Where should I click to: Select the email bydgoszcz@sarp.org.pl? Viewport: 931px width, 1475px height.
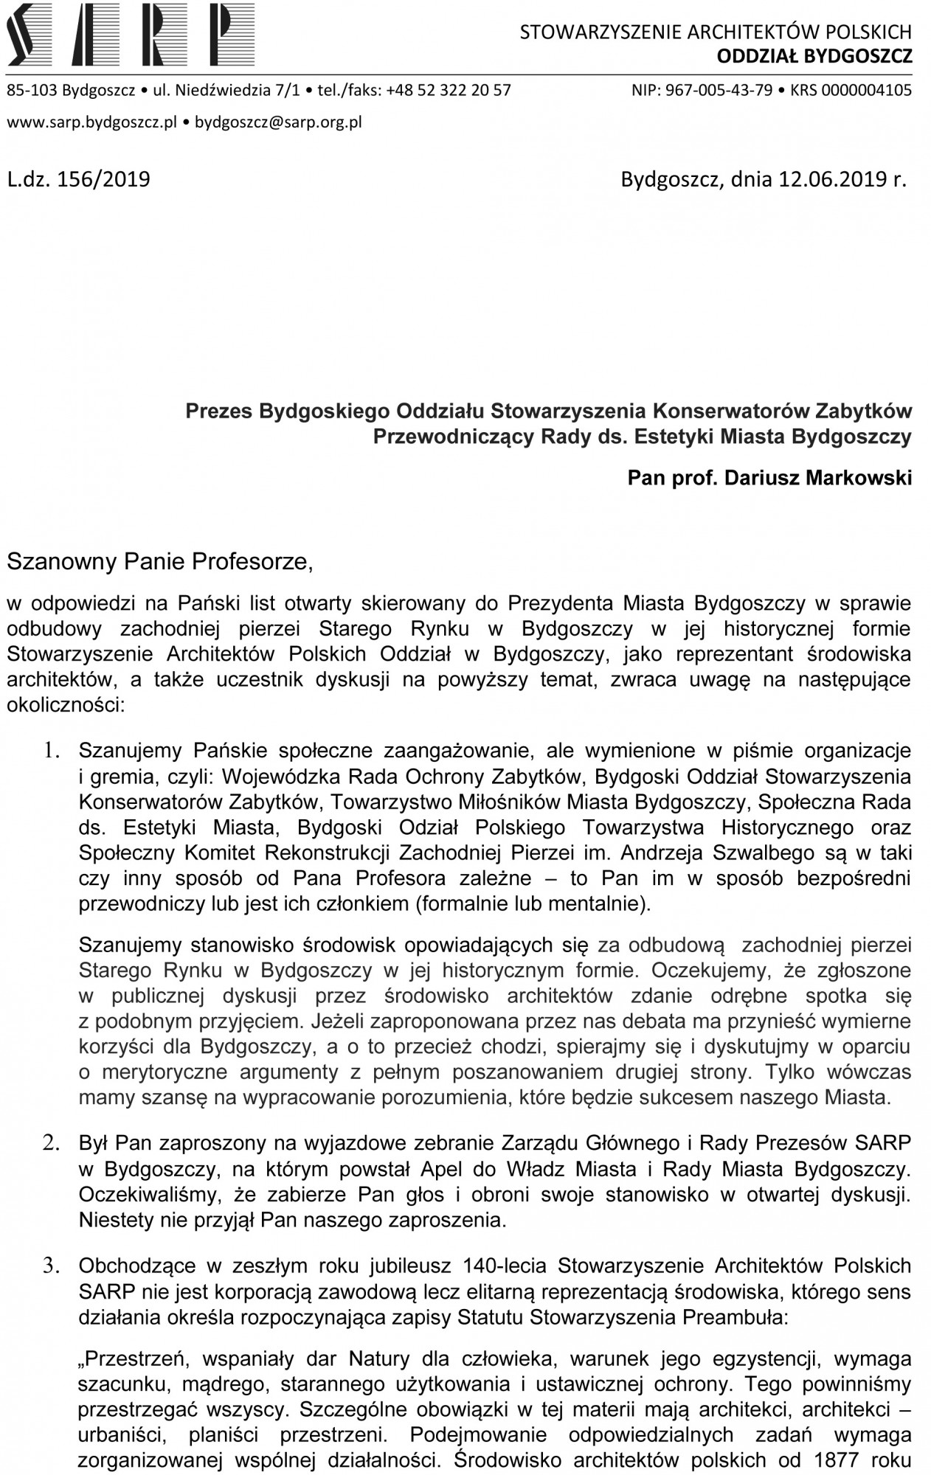coord(277,122)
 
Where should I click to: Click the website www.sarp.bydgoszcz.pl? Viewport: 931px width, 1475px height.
coord(92,122)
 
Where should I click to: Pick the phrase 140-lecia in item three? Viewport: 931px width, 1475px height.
coord(505,1266)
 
